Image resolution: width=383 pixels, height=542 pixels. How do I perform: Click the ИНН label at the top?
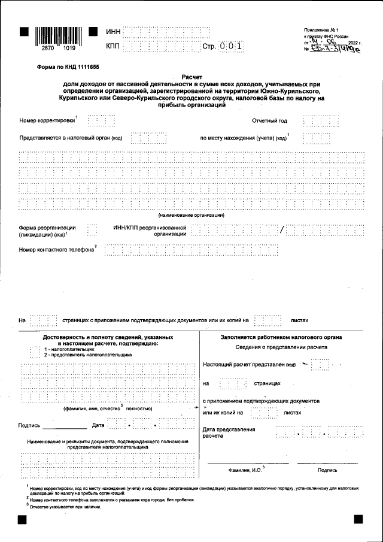(113, 32)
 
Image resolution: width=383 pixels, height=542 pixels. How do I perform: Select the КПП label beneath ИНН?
(113, 46)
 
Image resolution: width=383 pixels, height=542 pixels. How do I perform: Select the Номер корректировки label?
(47, 120)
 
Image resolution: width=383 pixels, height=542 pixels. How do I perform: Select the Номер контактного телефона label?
(57, 249)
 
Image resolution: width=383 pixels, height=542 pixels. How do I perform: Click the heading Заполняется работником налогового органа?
(281, 338)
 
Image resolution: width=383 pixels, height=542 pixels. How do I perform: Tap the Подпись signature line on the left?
(65, 427)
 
